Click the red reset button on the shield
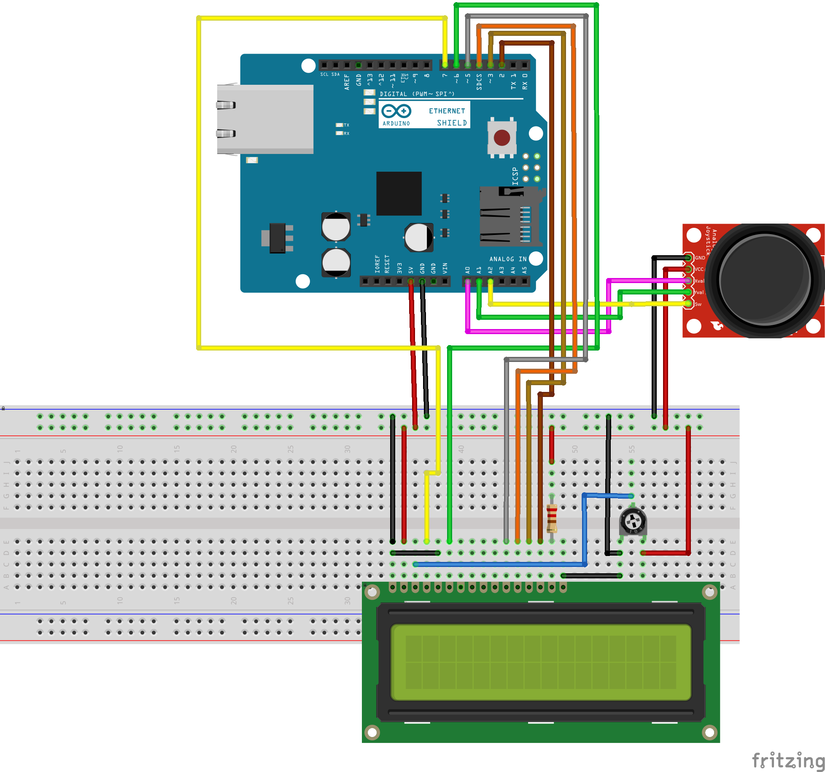point(501,138)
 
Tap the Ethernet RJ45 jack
point(265,119)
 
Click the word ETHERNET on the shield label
point(447,111)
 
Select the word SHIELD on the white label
point(452,123)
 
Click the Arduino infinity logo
point(396,111)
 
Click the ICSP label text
point(515,176)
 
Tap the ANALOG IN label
point(508,259)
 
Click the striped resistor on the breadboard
point(552,518)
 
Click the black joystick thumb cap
point(765,281)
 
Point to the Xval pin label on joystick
point(699,281)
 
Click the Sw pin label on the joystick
point(698,304)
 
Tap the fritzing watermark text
point(788,760)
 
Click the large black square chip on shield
point(399,194)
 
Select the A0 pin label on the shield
point(467,270)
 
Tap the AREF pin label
point(347,82)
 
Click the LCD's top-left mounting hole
point(372,592)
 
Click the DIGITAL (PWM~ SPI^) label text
point(417,94)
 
